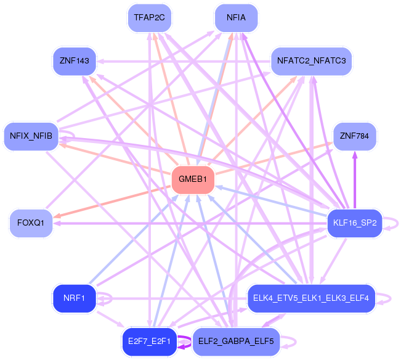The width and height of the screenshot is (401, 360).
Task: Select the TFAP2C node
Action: pyautogui.click(x=150, y=17)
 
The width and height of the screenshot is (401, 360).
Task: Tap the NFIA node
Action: pyautogui.click(x=236, y=17)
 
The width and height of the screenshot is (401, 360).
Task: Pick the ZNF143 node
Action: pyautogui.click(x=75, y=61)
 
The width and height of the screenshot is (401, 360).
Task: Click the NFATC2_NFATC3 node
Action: pyautogui.click(x=312, y=61)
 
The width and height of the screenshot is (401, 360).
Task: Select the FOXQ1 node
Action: pyautogui.click(x=30, y=223)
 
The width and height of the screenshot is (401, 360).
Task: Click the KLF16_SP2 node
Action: pyautogui.click(x=354, y=223)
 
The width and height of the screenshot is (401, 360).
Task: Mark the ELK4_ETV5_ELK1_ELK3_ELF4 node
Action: pyautogui.click(x=310, y=298)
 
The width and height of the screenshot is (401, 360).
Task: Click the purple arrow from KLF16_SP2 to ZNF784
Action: pyautogui.click(x=354, y=179)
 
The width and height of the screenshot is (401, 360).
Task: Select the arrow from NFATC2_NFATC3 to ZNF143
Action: pyautogui.click(x=185, y=61)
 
